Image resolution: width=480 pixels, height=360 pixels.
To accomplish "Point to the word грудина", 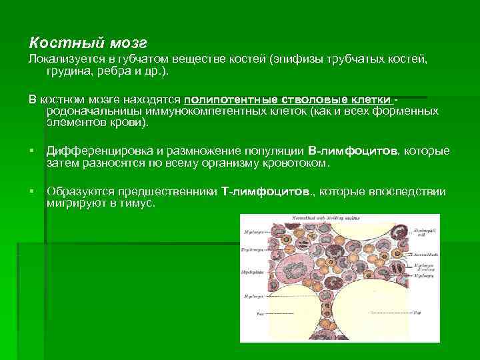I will [x=70, y=72].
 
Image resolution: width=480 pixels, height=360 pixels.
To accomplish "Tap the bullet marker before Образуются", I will [x=32, y=192].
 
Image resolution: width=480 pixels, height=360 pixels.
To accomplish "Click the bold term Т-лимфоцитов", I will [x=267, y=192].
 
